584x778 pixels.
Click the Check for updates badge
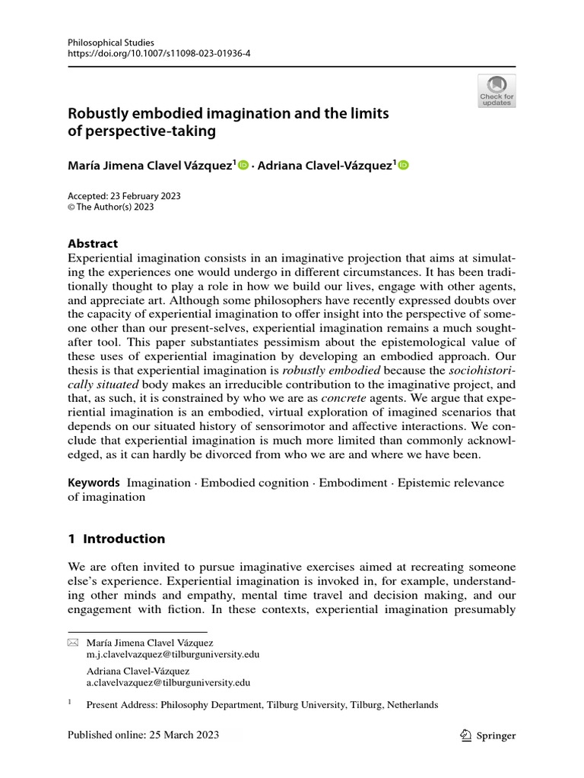pos(497,90)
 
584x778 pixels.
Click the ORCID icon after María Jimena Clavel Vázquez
pos(243,165)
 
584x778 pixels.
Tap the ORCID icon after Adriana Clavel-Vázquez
pos(403,165)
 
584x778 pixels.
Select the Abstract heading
pos(93,244)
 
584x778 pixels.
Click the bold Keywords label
pos(94,482)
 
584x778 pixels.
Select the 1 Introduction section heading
pos(116,539)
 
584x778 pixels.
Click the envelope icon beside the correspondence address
pos(73,643)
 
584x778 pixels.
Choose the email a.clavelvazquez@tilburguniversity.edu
pos(168,683)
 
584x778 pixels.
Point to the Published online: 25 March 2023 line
pos(143,735)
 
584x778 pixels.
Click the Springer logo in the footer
pos(488,735)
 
